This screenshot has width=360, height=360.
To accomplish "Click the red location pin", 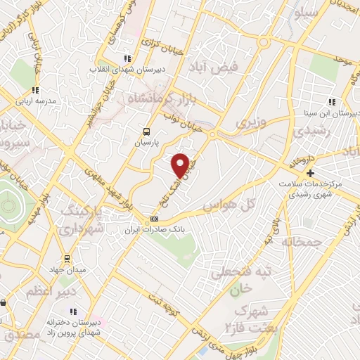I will [x=180, y=165].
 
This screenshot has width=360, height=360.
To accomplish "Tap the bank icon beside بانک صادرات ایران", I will [x=155, y=219].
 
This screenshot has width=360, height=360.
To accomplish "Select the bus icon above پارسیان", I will [x=146, y=131].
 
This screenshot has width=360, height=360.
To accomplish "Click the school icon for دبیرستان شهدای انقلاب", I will [x=127, y=59].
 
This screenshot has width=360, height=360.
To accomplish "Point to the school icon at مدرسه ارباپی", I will [x=35, y=90].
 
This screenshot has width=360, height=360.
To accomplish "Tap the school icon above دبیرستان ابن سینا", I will [x=331, y=102].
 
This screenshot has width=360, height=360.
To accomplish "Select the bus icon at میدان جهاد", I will [x=67, y=259].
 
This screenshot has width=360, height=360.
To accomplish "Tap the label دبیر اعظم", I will [x=47, y=289].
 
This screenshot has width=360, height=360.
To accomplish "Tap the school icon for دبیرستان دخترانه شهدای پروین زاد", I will [x=73, y=311].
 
